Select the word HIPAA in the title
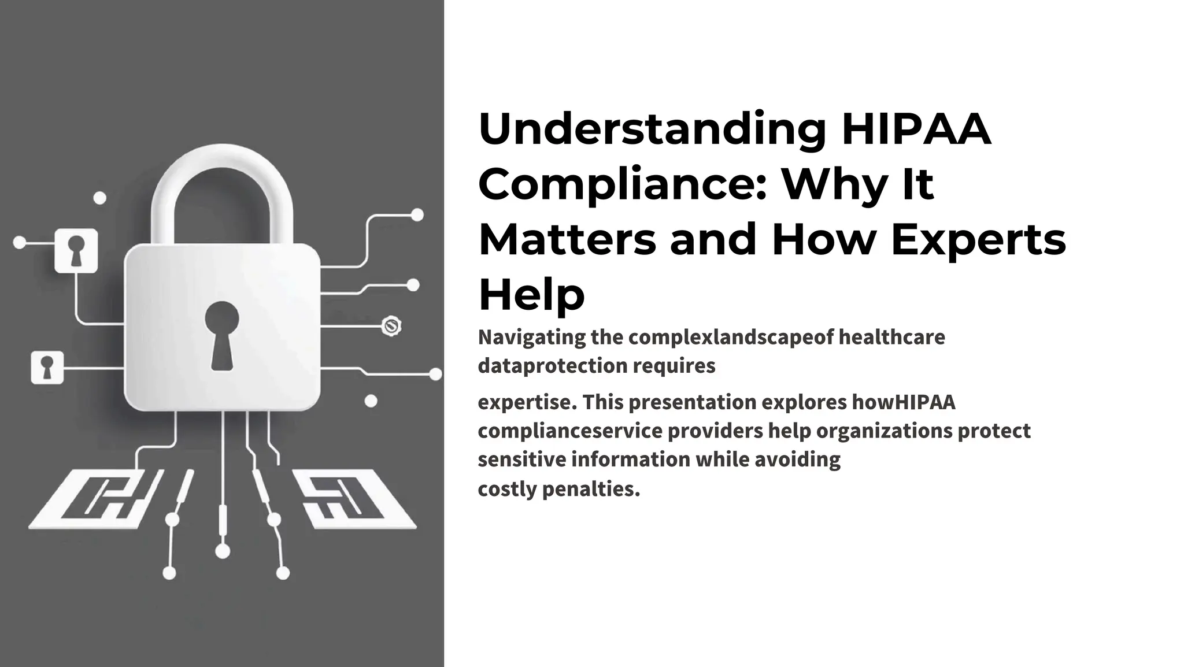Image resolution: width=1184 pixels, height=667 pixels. pos(916,129)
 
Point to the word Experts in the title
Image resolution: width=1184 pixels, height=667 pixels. pos(978,240)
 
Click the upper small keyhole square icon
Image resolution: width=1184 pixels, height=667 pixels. pos(76,250)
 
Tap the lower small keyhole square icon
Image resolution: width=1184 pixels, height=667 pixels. pos(47,367)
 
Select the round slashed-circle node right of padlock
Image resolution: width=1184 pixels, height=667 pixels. pos(392,326)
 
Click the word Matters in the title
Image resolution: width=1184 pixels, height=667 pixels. pos(567,240)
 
